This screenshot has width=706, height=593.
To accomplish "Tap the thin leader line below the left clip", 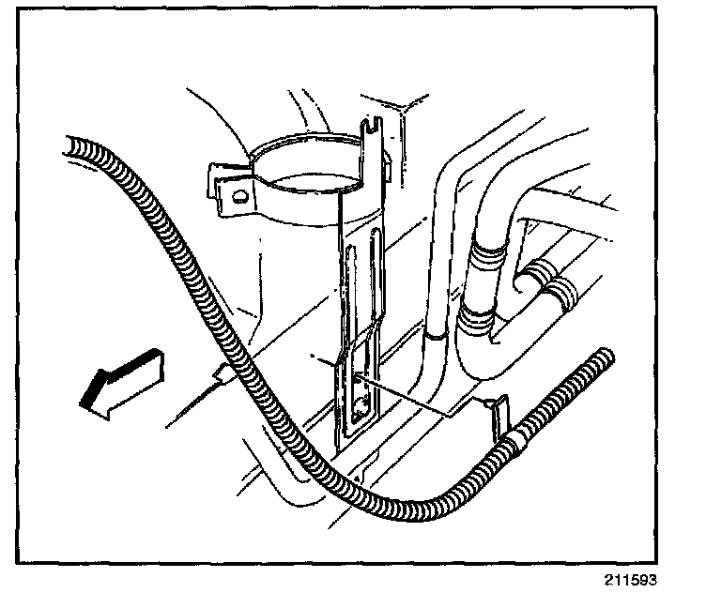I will [192, 407].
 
